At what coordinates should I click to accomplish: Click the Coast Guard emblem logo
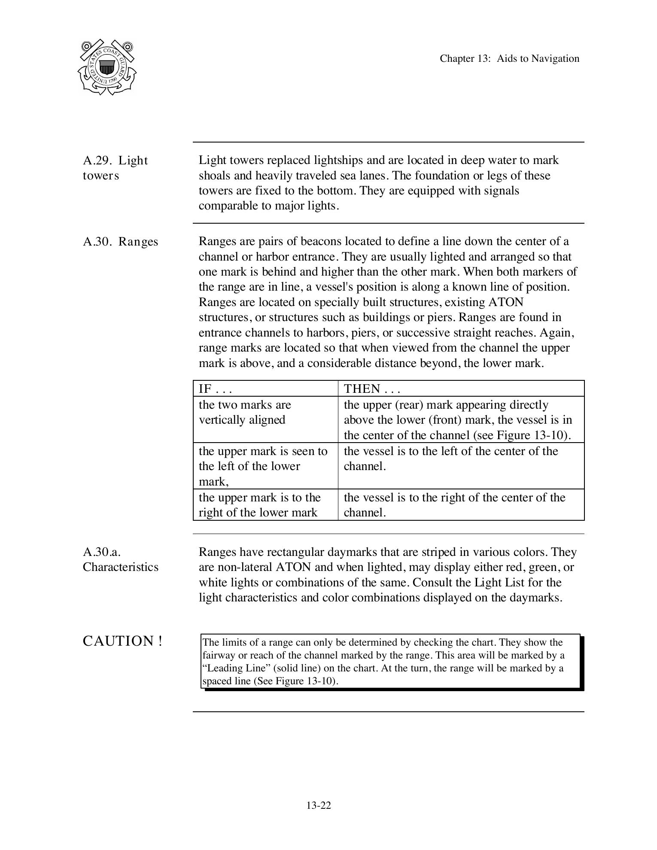(107, 67)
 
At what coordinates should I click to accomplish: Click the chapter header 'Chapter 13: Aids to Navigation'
(509, 59)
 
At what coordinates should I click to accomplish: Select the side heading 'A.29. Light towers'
(115, 168)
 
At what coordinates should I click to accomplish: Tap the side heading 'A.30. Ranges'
(121, 242)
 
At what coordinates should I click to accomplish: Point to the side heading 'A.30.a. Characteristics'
(121, 559)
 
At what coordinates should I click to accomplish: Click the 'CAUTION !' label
(122, 641)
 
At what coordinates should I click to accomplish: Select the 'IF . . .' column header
(215, 389)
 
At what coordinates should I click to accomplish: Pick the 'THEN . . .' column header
(372, 389)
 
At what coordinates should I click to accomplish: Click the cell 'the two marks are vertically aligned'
(245, 412)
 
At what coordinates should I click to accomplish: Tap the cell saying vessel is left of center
(451, 458)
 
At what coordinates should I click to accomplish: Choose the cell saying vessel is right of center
(454, 505)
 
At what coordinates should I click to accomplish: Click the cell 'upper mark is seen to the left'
(263, 466)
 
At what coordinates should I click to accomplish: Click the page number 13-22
(319, 805)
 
